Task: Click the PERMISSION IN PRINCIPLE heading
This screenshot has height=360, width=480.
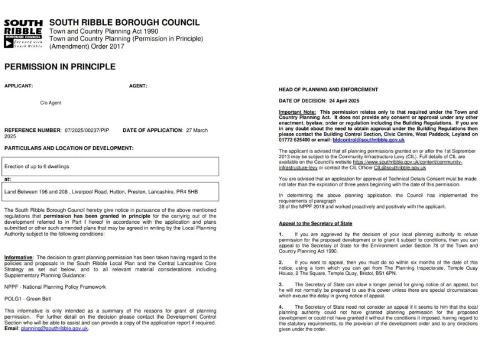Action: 60,67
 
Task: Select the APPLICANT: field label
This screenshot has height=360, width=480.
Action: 19,86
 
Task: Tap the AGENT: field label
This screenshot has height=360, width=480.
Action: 138,86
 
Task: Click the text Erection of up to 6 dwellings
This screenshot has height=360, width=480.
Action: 37,166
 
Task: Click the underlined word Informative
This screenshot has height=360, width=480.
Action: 18,257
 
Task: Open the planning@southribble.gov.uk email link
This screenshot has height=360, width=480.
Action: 54,328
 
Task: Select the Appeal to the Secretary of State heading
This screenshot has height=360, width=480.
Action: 315,223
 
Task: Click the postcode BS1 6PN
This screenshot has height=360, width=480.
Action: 386,273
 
